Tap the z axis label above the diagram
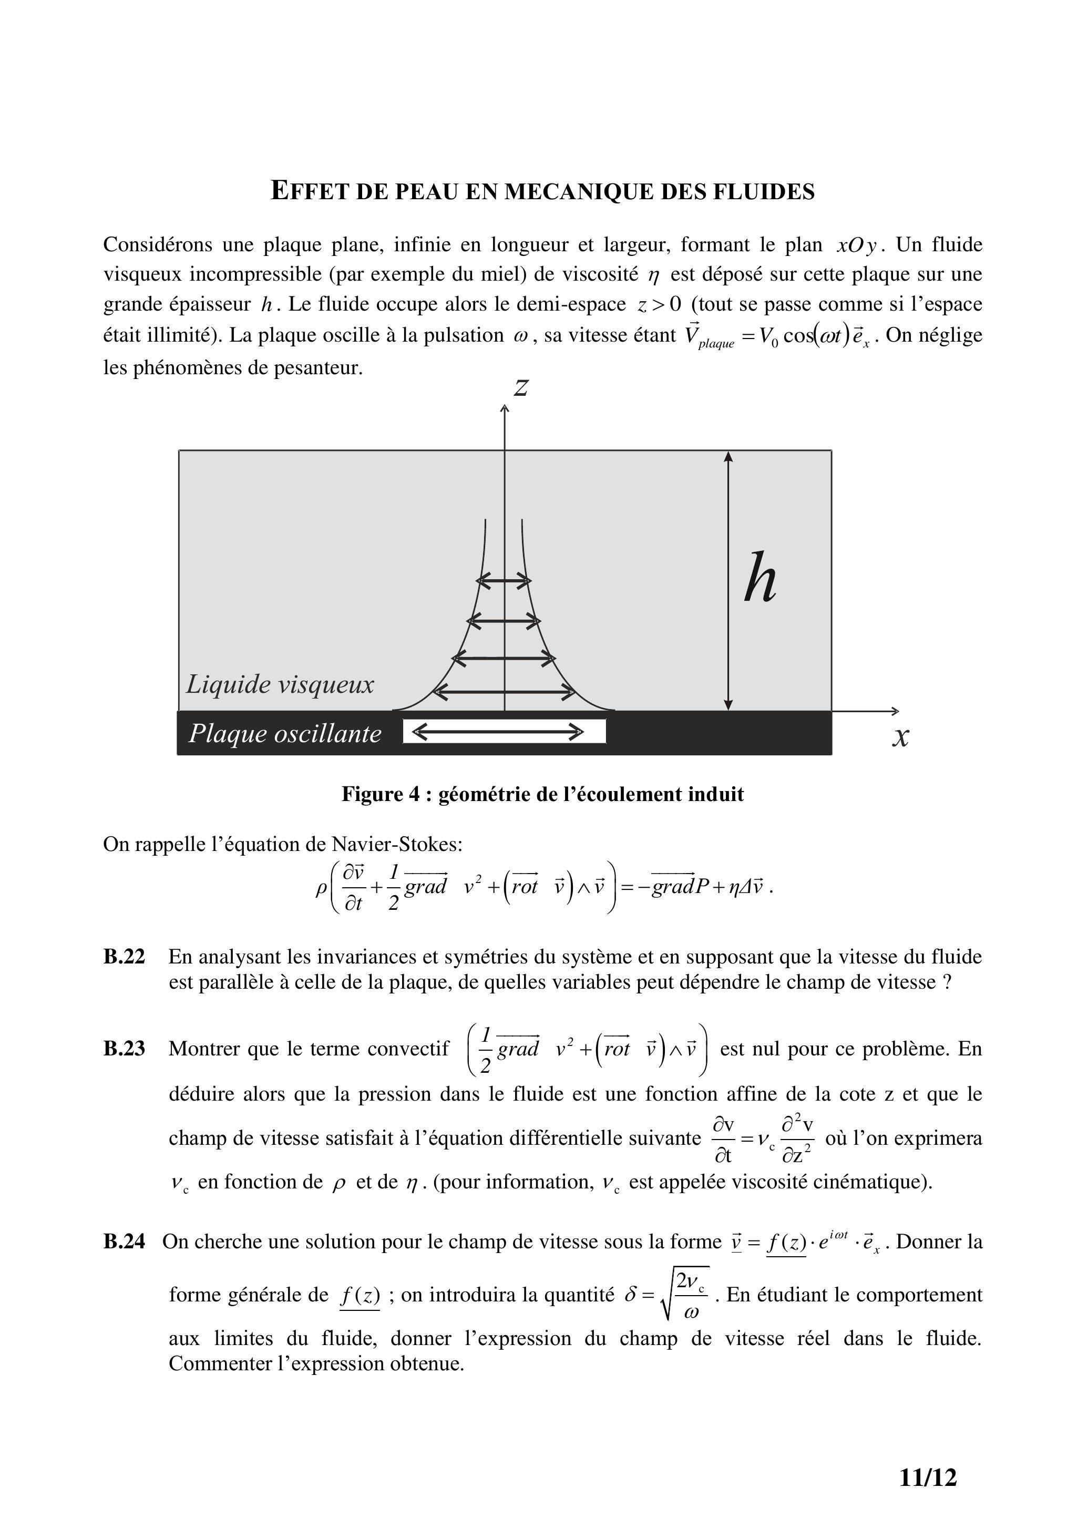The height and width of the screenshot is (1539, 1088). click(521, 387)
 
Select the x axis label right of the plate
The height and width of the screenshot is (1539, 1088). click(901, 737)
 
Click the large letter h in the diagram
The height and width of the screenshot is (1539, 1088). click(761, 577)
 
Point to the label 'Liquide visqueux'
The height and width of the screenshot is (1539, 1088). click(280, 684)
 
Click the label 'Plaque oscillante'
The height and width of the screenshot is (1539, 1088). click(285, 733)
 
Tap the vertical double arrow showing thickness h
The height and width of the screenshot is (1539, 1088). click(728, 580)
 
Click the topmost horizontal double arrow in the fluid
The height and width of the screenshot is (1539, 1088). click(504, 580)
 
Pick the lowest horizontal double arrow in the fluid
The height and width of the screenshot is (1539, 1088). click(504, 692)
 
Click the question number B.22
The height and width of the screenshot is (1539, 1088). click(124, 957)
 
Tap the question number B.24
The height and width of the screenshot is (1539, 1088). click(124, 1242)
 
